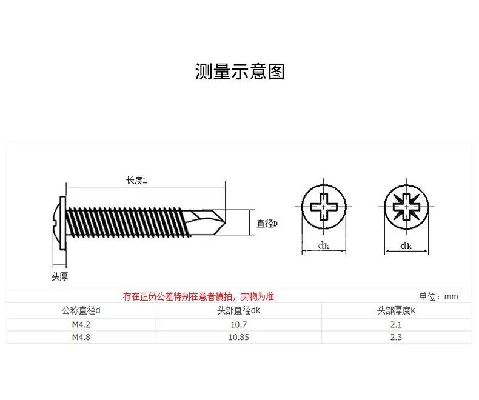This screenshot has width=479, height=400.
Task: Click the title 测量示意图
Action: (x=240, y=72)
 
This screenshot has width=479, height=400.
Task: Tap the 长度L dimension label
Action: (x=136, y=180)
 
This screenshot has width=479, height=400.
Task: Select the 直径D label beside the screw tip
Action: (x=267, y=224)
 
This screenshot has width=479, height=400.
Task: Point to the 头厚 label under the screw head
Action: (x=59, y=276)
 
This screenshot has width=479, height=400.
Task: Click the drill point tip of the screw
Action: (x=225, y=222)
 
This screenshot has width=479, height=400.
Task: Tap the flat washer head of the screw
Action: (x=62, y=223)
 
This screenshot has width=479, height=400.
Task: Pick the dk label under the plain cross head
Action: (x=324, y=245)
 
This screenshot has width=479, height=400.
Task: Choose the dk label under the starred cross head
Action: (x=406, y=245)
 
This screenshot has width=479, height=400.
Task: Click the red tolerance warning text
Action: (x=198, y=296)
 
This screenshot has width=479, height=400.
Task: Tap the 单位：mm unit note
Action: (x=438, y=296)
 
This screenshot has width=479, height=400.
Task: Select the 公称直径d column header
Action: (x=81, y=310)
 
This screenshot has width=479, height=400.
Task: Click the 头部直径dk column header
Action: (x=238, y=310)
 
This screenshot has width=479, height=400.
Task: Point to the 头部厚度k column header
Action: (x=396, y=310)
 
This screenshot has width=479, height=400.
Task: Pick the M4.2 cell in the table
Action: (x=81, y=325)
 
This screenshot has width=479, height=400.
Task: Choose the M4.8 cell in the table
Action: (x=81, y=337)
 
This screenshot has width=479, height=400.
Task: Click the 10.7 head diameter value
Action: (x=238, y=325)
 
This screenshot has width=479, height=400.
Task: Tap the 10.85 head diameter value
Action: (x=238, y=337)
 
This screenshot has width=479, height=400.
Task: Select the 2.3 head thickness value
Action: (x=396, y=337)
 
